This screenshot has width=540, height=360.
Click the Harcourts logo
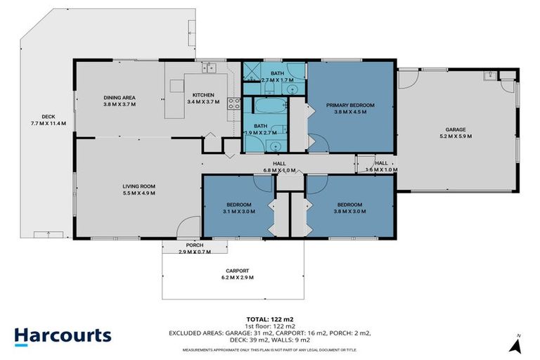click(63, 335)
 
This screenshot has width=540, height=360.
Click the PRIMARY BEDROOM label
click(349, 105)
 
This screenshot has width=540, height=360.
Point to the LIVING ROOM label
click(139, 186)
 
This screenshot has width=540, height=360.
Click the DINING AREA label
click(120, 97)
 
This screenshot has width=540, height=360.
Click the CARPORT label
click(236, 269)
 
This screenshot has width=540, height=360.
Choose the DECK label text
click(48, 117)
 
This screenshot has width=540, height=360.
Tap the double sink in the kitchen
click(208, 67)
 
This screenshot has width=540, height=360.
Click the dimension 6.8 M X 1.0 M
click(278, 170)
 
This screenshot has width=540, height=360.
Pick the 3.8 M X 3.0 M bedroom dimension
click(349, 211)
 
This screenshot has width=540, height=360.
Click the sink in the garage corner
click(487, 76)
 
